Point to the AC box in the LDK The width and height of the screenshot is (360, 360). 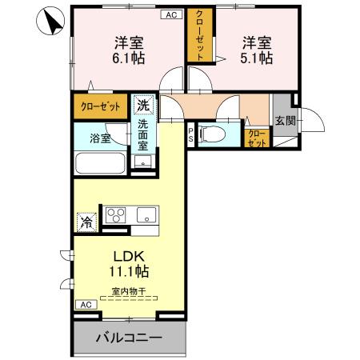click(84, 305)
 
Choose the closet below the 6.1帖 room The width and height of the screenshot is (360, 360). click(102, 106)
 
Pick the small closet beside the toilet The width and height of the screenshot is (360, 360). click(257, 138)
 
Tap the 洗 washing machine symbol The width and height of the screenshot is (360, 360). click(143, 105)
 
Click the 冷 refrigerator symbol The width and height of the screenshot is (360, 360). click(86, 220)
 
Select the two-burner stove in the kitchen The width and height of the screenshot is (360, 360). click(117, 214)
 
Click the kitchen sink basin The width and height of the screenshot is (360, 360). click(147, 214)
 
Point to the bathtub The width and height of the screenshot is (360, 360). click(99, 163)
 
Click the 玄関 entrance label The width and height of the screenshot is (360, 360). click(284, 120)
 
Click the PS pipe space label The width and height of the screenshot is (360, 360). click(191, 134)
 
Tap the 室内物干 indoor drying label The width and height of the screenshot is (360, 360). click(130, 293)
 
